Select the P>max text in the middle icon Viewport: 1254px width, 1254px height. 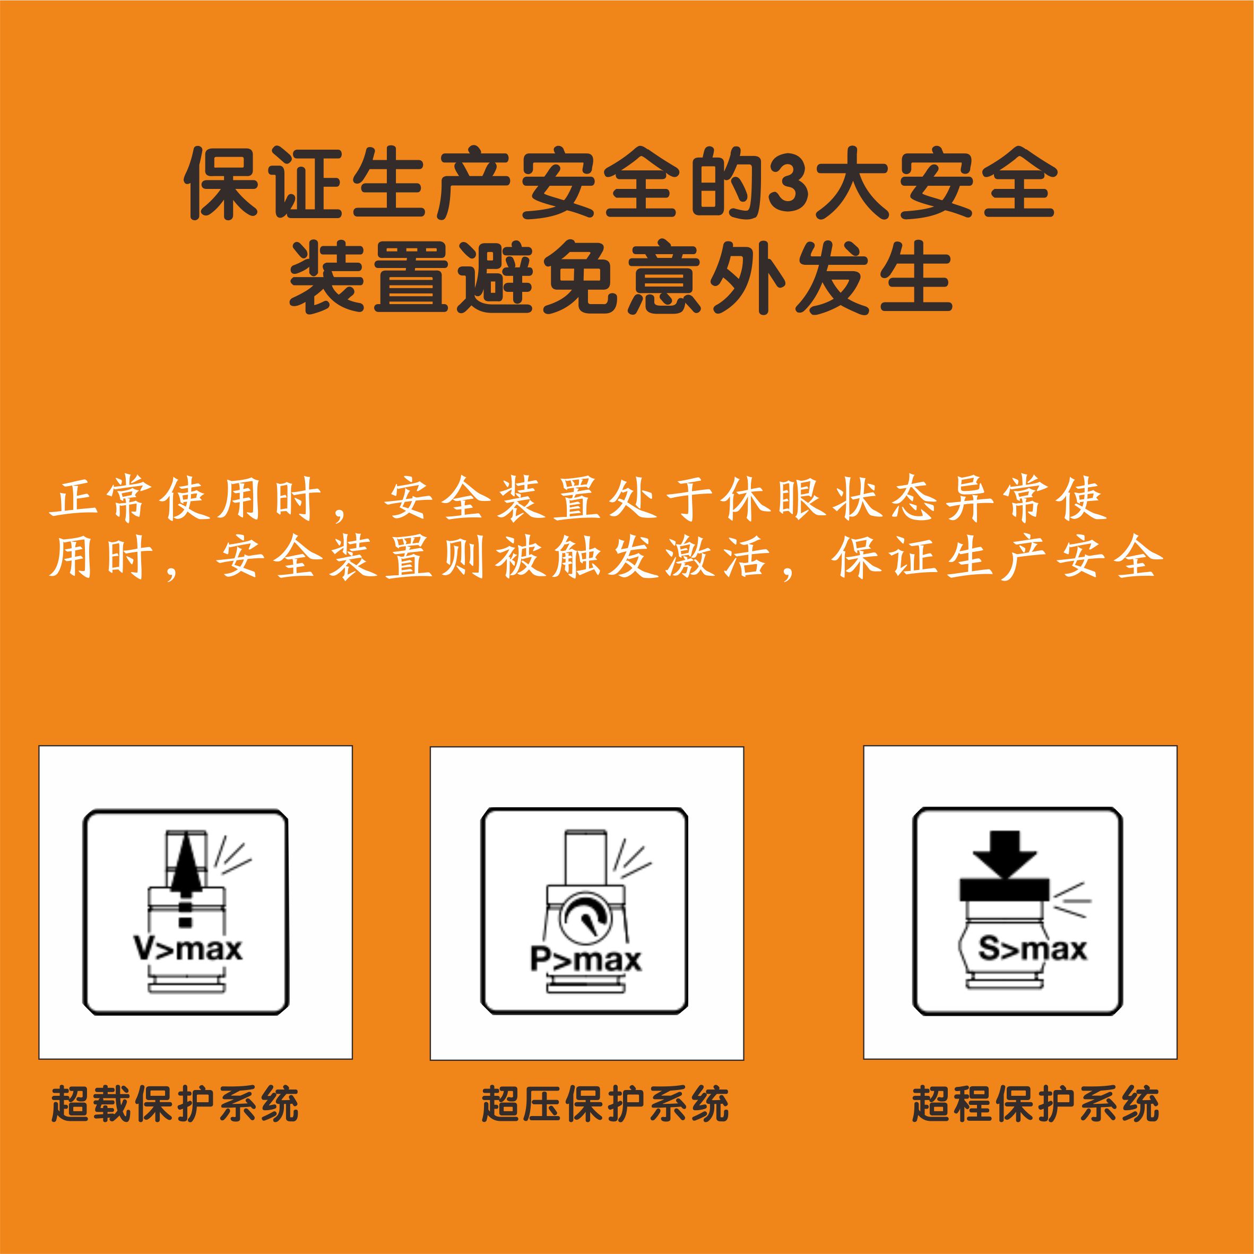point(585,959)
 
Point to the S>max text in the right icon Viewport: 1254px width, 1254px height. point(1032,949)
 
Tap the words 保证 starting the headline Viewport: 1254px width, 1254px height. point(263,183)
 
